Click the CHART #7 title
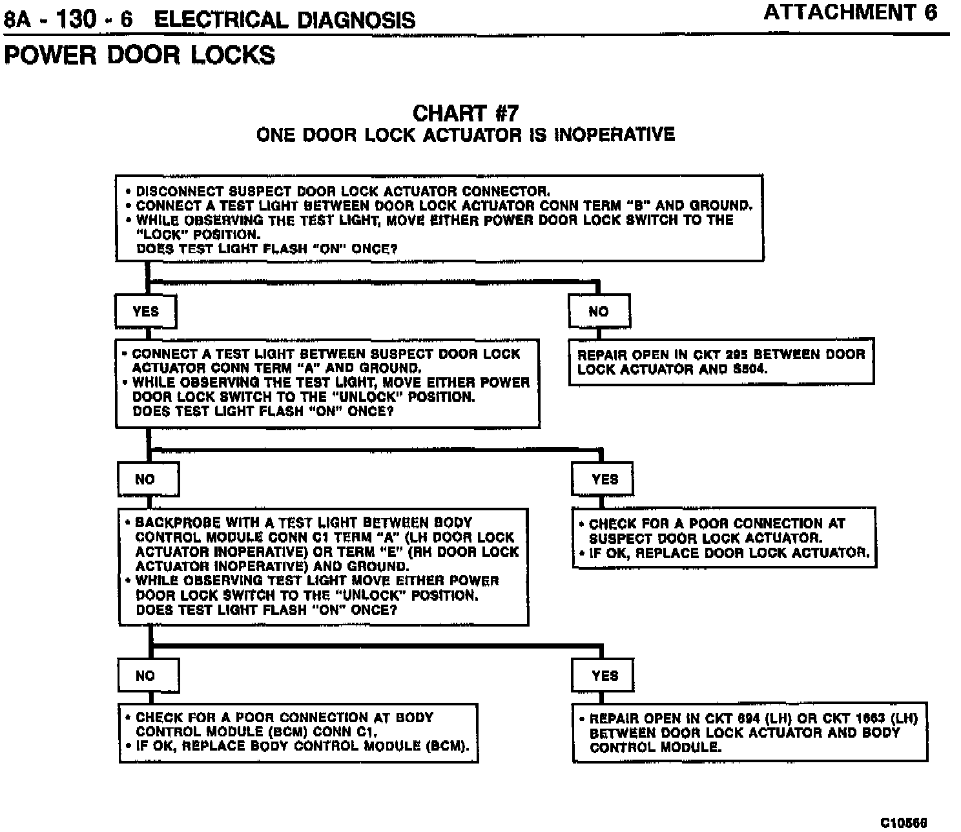coord(465,114)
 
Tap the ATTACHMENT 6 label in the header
coord(850,13)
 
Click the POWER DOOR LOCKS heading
coord(139,55)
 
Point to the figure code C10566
coord(904,822)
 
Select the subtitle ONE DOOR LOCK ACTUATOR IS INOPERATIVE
coord(465,135)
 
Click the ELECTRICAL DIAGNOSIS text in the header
coord(285,19)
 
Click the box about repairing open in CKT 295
coord(721,362)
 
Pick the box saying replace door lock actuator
coord(724,538)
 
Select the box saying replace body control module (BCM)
coord(298,733)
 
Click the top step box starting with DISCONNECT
coord(439,218)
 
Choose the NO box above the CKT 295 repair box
coord(599,311)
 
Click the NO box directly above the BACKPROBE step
coord(148,479)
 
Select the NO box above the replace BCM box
coord(148,676)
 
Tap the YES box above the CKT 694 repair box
coord(604,676)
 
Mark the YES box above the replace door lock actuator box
coord(604,479)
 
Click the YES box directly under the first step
coord(145,311)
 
